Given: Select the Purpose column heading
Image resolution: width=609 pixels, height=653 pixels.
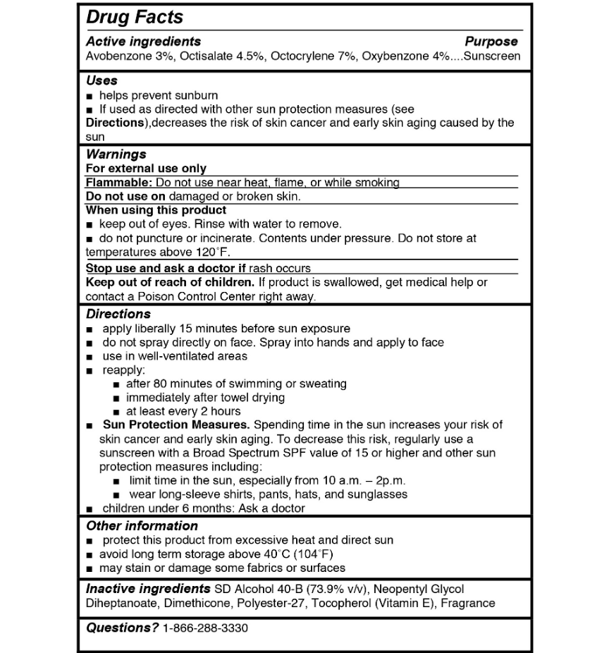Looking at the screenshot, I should (491, 42).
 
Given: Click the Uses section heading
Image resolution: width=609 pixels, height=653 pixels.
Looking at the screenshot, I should (101, 80).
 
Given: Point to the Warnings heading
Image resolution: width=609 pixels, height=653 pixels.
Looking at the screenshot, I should (116, 154).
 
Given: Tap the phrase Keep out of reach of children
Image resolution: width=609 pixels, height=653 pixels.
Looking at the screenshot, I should (170, 282).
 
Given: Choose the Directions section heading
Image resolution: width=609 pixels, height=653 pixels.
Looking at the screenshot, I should (118, 314).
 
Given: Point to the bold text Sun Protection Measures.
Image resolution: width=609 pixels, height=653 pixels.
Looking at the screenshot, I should (176, 425).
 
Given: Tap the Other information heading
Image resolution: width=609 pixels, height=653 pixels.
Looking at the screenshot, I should (142, 526).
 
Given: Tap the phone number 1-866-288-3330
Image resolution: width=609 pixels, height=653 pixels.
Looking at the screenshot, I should (205, 628).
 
